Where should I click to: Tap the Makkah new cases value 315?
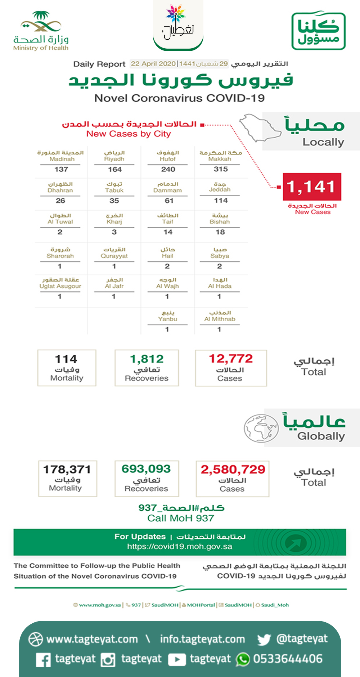[x=221, y=169]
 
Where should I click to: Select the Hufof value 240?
[x=168, y=169]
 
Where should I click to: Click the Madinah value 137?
[x=61, y=169]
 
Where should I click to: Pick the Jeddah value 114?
[x=221, y=201]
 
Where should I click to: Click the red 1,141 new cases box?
[x=312, y=187]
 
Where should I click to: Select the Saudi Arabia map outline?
[x=260, y=128]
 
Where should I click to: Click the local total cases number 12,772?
[x=231, y=359]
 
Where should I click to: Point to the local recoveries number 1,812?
[x=147, y=359]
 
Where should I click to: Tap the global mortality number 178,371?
[x=67, y=470]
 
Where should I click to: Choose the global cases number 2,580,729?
[x=233, y=470]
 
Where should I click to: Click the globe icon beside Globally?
[x=261, y=428]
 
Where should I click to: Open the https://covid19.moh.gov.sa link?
[x=179, y=547]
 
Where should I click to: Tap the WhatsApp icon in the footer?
[x=243, y=659]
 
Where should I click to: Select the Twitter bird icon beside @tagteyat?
[x=264, y=640]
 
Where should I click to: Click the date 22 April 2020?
[x=153, y=64]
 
